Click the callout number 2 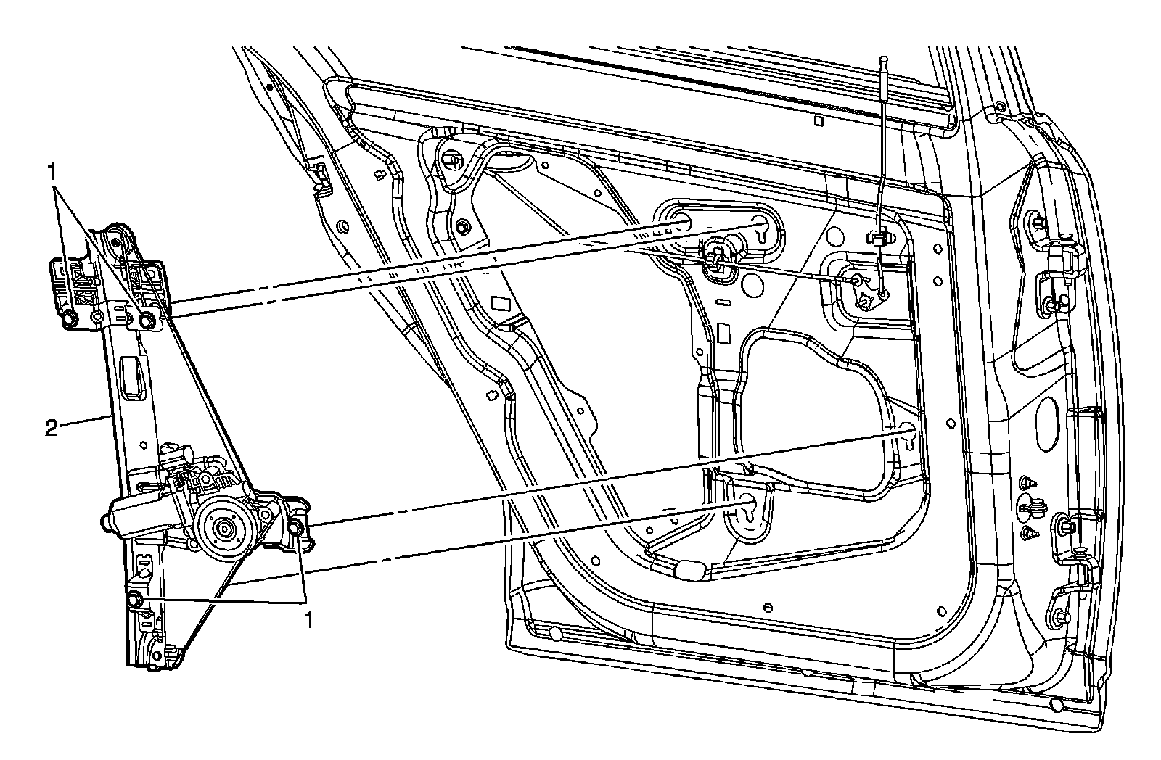click(50, 429)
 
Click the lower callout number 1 click(308, 620)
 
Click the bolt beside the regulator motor click(295, 527)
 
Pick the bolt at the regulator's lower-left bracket click(135, 599)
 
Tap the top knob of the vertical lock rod click(885, 59)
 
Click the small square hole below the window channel click(817, 123)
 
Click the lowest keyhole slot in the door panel click(747, 505)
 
